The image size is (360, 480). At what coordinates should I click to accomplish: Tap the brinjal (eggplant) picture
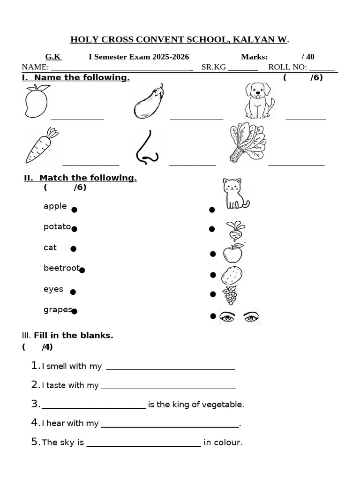149,101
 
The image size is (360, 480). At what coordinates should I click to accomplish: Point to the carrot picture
41,145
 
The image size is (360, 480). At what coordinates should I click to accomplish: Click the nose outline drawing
147,147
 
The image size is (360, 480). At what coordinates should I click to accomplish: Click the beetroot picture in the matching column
235,231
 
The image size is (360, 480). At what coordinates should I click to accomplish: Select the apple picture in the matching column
233,253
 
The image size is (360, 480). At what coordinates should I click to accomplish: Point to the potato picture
232,275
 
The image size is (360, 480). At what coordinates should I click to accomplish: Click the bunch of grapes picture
230,295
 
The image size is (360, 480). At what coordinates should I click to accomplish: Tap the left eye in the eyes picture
228,317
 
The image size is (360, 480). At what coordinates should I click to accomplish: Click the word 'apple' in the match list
55,206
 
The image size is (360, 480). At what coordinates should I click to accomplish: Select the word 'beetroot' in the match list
61,268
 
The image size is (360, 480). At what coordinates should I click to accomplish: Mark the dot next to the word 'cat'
73,249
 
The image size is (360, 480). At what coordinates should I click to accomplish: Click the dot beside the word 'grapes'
74,311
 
